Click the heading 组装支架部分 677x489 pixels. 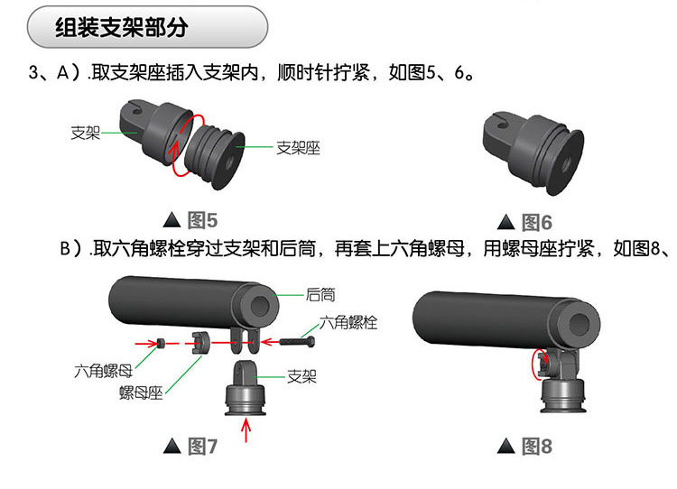[x=121, y=28]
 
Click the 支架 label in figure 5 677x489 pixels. [x=86, y=132]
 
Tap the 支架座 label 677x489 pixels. [x=299, y=146]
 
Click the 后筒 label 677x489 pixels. [x=320, y=294]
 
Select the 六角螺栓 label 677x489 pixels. [x=348, y=322]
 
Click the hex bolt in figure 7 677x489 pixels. [x=296, y=343]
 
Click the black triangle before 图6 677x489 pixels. [x=506, y=223]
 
